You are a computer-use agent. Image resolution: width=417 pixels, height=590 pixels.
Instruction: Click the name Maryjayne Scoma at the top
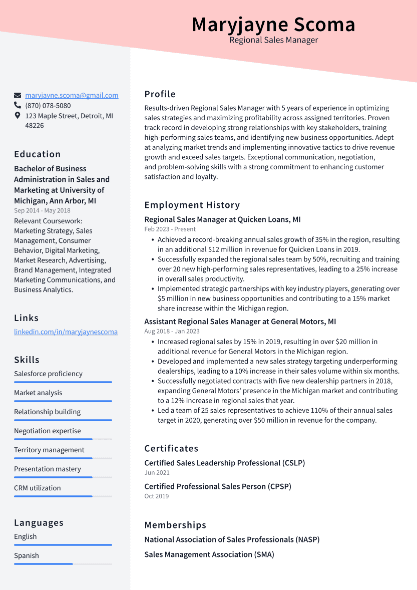[273, 25]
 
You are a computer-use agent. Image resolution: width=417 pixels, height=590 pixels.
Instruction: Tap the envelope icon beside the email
[18, 95]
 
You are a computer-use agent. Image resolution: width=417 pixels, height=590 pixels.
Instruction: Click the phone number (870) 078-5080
[48, 106]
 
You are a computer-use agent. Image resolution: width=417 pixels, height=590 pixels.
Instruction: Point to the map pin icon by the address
[18, 116]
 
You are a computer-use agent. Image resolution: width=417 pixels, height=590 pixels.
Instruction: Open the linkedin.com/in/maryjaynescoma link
[66, 332]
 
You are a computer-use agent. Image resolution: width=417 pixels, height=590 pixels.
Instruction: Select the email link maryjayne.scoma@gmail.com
[72, 95]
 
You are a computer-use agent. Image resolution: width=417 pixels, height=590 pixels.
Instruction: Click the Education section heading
[37, 154]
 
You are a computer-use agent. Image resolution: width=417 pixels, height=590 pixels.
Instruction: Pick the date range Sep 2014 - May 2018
[42, 211]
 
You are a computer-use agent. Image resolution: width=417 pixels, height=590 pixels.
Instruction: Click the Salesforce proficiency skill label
[48, 374]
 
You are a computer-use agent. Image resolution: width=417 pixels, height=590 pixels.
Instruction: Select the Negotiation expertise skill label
[47, 431]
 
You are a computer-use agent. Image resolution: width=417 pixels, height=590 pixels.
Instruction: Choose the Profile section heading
[160, 94]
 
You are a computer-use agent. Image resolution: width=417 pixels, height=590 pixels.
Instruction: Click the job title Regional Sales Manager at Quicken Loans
[222, 219]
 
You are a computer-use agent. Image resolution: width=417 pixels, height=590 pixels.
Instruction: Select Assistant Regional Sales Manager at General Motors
[240, 322]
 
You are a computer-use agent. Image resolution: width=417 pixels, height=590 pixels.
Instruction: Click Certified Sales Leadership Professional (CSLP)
[224, 463]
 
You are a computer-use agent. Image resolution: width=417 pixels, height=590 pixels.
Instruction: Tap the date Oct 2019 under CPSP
[156, 496]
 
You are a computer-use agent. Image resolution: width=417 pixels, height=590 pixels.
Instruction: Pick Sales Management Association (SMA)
[209, 554]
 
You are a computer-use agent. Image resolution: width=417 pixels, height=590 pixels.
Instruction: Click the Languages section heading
[39, 523]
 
